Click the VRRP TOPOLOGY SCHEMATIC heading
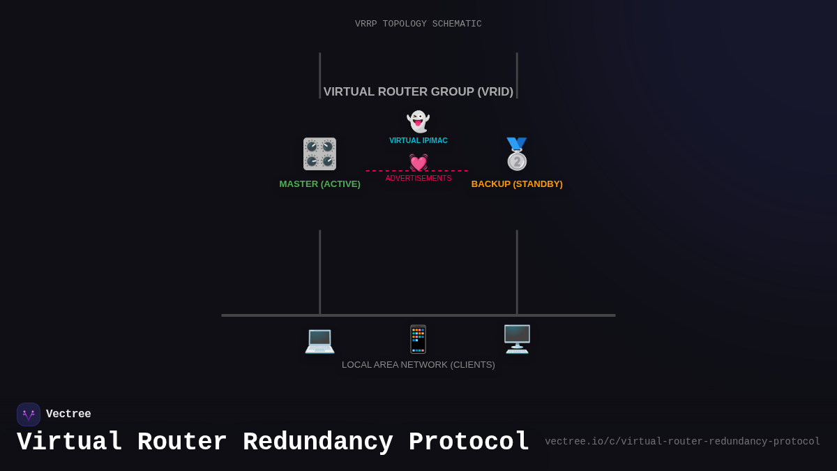click(x=418, y=24)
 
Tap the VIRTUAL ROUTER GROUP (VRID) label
click(x=418, y=92)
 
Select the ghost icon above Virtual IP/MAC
click(x=418, y=121)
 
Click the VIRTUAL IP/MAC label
click(x=418, y=141)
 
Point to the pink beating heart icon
click(x=418, y=162)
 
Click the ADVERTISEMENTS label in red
click(x=418, y=179)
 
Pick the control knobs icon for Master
click(x=319, y=154)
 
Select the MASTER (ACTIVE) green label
click(x=320, y=184)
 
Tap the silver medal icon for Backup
click(x=517, y=154)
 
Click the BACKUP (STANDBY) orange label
click(x=517, y=184)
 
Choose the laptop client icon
click(x=319, y=340)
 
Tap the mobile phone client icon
click(x=418, y=340)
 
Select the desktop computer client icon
click(x=517, y=339)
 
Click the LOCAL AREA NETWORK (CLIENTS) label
click(x=418, y=365)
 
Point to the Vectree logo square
click(x=29, y=414)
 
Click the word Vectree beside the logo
click(x=68, y=414)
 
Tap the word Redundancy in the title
click(x=317, y=442)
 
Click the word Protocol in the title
click(x=469, y=442)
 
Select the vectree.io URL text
click(x=682, y=442)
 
